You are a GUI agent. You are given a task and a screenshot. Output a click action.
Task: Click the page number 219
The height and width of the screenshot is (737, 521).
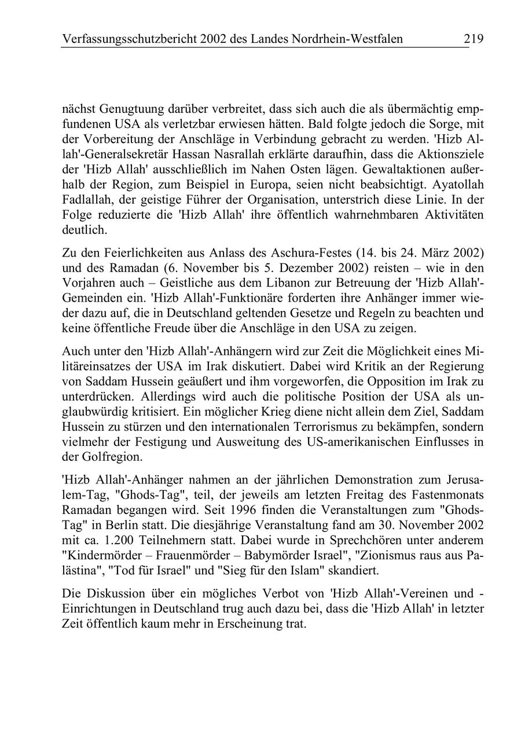pos(473,39)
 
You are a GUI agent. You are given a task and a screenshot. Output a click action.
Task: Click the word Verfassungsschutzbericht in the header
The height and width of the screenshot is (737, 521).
pos(129,39)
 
